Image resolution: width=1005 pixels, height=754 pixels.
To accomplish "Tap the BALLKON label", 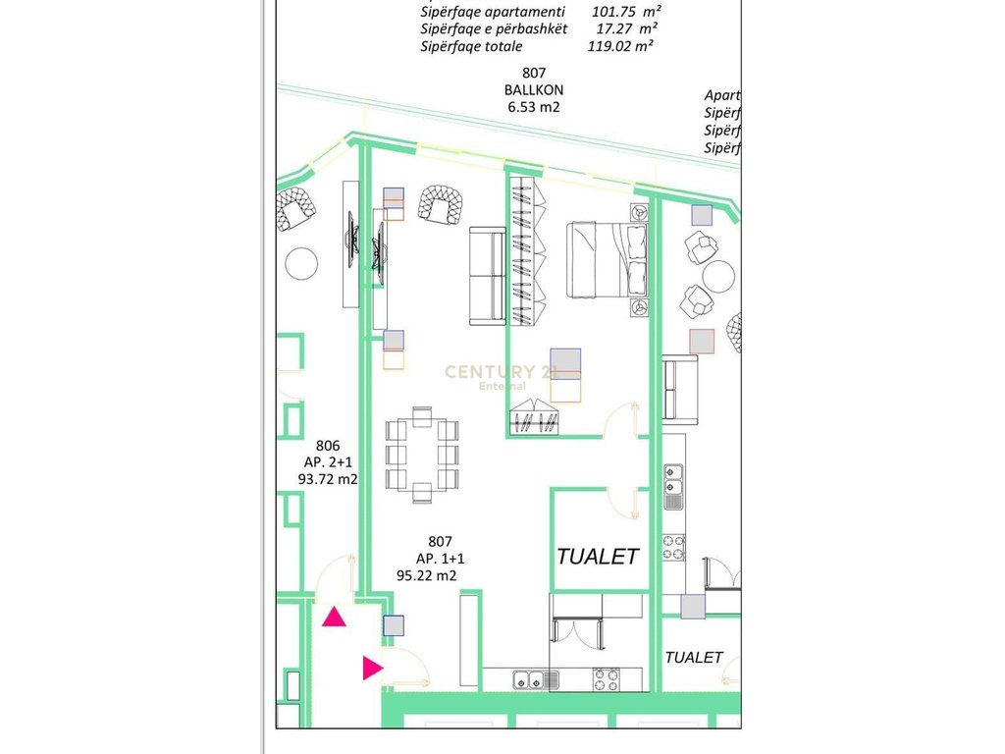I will click(534, 90).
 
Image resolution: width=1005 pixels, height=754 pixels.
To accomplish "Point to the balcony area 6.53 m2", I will click(533, 108).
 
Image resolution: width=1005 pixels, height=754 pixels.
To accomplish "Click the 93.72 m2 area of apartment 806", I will click(327, 479).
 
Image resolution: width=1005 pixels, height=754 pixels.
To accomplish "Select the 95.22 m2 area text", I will click(427, 576).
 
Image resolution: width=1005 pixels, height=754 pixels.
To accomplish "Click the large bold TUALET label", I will click(598, 556).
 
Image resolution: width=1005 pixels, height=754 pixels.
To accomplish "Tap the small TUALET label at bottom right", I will click(694, 657).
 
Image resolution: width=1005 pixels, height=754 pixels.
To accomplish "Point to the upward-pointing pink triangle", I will click(335, 618).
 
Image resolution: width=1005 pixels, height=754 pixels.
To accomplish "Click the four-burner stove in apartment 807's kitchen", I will click(608, 678).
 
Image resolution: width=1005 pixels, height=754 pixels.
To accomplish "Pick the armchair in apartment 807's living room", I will click(439, 203).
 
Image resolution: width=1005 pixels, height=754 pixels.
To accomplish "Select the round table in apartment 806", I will click(301, 262).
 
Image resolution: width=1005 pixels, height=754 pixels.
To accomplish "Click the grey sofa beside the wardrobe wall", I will click(487, 275).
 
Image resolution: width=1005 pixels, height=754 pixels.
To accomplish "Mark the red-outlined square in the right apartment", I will click(701, 341).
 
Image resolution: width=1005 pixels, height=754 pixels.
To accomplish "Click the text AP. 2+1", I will click(327, 461).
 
